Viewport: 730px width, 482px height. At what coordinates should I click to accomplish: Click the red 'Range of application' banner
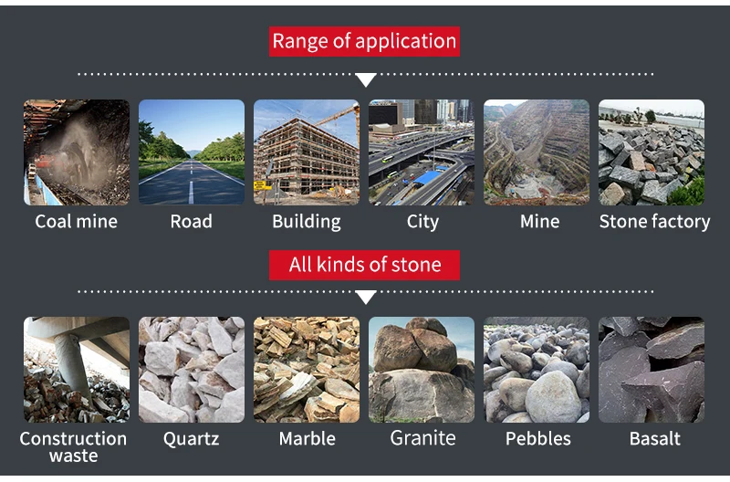tap(364, 41)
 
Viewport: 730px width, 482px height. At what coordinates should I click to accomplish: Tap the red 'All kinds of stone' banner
tap(364, 265)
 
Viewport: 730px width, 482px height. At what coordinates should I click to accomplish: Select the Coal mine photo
tap(77, 152)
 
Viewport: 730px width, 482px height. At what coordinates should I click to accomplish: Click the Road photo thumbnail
tap(192, 152)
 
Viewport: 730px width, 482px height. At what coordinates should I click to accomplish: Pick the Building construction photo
tap(307, 152)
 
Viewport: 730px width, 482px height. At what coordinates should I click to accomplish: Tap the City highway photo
tap(422, 152)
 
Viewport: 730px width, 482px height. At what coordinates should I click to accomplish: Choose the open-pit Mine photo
tap(537, 152)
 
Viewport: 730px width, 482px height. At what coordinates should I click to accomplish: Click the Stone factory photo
tap(652, 152)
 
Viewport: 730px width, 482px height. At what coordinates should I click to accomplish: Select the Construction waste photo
tap(77, 370)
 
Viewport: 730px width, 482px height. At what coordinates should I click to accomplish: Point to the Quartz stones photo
tap(192, 370)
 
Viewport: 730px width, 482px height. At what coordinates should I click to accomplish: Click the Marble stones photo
tap(307, 370)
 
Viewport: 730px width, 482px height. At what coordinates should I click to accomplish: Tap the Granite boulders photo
tap(422, 370)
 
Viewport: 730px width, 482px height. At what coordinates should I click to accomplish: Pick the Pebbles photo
tap(537, 370)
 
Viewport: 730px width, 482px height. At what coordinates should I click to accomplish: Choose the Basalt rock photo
tap(652, 370)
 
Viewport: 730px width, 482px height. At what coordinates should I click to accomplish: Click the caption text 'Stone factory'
tap(654, 222)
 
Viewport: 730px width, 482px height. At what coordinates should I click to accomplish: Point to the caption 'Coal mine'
tap(77, 222)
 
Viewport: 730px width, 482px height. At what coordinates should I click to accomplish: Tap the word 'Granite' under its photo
tap(422, 438)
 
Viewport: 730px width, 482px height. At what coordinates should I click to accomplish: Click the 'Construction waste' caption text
tap(73, 446)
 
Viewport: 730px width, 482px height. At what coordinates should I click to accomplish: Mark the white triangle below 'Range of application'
tap(365, 80)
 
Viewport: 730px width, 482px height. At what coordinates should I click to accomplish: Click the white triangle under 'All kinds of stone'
tap(365, 298)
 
